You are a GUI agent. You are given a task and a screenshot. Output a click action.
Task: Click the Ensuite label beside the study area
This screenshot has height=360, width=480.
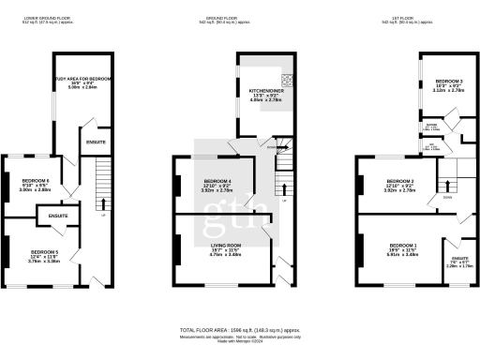click(x=96, y=142)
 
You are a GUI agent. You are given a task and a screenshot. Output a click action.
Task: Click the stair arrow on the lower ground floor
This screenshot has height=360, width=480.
click(x=101, y=203)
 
